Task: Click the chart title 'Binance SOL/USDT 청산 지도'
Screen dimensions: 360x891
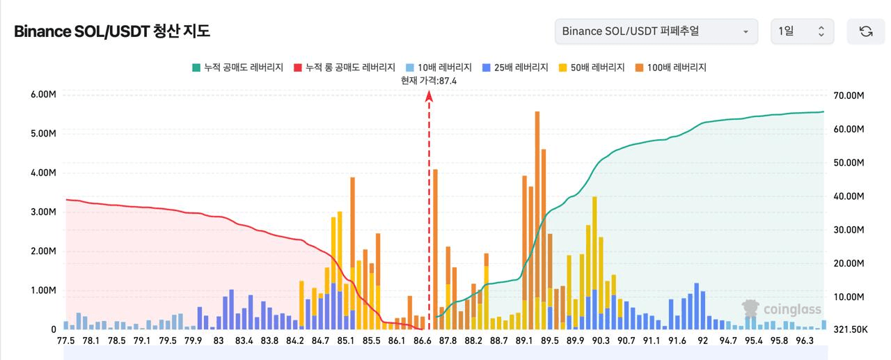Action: (111, 31)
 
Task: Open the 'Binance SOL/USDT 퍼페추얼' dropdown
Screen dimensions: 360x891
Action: (656, 31)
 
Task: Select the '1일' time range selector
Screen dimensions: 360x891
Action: (802, 31)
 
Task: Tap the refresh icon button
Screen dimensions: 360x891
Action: (866, 31)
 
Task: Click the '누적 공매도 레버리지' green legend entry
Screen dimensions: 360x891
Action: (237, 68)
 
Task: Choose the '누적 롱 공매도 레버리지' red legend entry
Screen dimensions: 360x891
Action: (344, 68)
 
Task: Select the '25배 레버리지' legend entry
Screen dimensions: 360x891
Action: (516, 68)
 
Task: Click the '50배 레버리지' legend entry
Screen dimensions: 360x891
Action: (592, 68)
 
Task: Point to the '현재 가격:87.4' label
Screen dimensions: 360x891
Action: (429, 81)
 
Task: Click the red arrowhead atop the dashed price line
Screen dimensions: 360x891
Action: (429, 96)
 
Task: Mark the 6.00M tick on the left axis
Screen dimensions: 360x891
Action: (43, 95)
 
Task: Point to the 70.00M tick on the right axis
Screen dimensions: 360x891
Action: (848, 95)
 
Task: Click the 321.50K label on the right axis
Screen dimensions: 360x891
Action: (848, 329)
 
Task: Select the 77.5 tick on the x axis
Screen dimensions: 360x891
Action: (65, 341)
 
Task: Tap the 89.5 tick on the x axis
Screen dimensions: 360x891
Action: (549, 341)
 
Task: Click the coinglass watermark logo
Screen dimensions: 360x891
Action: (782, 309)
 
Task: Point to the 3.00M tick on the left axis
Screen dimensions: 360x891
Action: (43, 212)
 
